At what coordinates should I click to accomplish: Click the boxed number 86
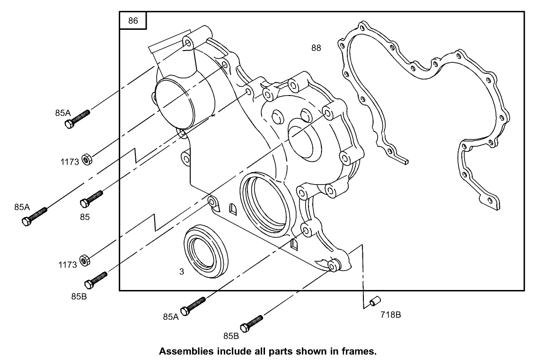tap(133, 21)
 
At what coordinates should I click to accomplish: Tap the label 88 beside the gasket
tap(316, 47)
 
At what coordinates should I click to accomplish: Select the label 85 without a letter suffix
tap(85, 217)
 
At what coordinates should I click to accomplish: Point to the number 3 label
tap(181, 271)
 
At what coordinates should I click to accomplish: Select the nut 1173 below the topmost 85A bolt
tap(87, 158)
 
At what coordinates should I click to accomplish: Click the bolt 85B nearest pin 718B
tap(251, 323)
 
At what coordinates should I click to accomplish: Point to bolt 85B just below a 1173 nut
tap(96, 280)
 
